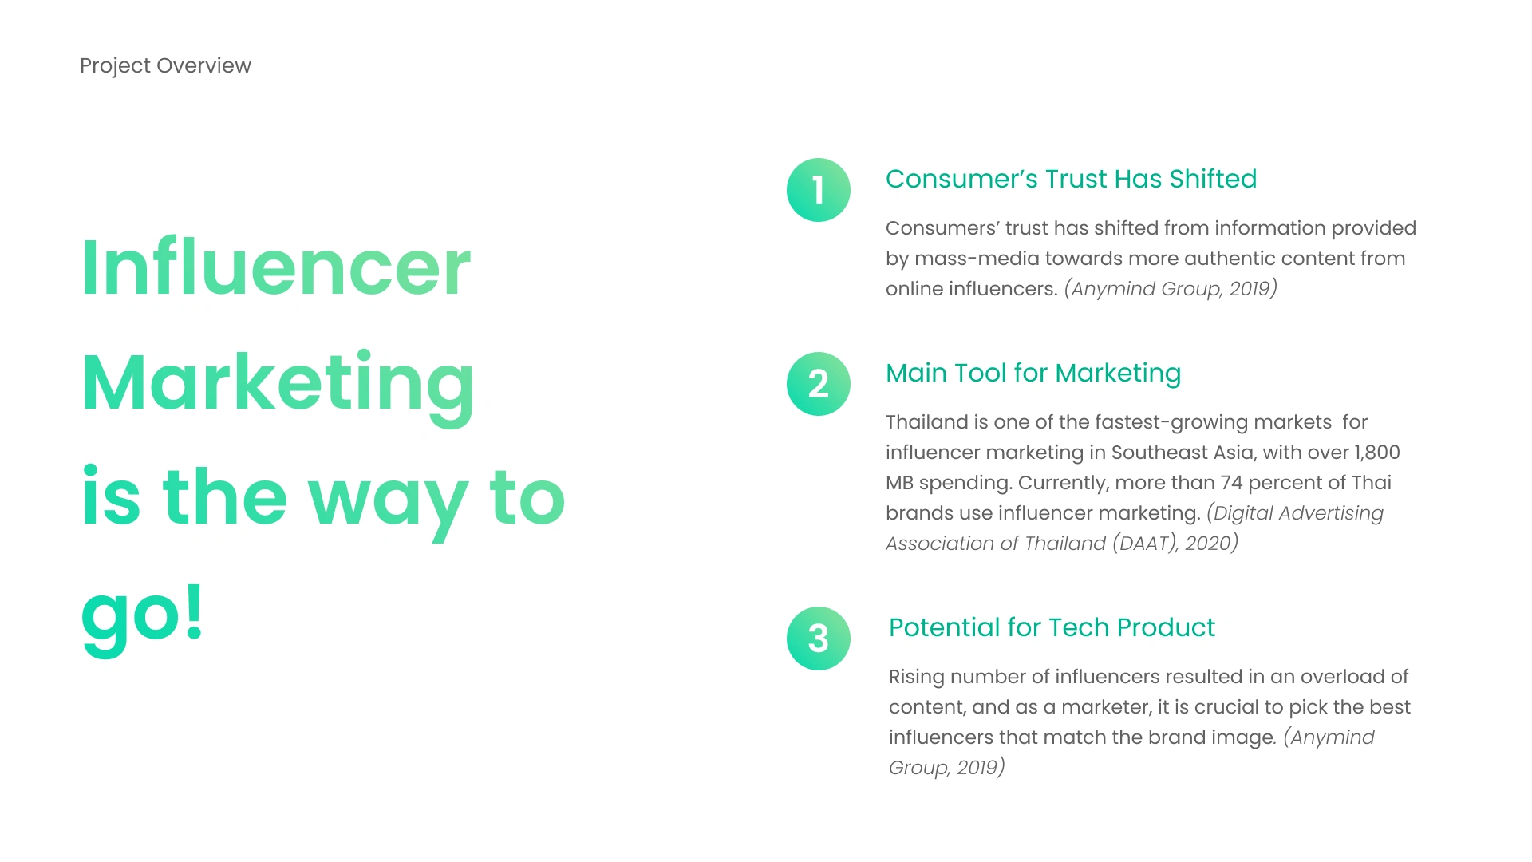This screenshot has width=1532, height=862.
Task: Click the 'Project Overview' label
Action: pos(165,65)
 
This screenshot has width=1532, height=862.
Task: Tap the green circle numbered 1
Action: pos(819,190)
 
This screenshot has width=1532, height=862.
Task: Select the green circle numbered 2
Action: pos(819,384)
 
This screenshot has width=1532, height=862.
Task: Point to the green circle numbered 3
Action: pos(819,639)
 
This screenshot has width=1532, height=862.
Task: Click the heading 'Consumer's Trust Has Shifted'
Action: pos(1071,179)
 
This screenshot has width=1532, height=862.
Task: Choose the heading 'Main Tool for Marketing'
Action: pos(1033,374)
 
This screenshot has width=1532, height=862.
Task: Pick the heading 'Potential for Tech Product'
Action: pos(1052,627)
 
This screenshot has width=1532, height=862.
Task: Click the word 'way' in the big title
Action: pos(388,503)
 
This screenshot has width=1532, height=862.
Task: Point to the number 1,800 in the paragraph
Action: pos(1377,453)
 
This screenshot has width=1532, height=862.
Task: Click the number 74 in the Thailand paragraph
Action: pos(1232,483)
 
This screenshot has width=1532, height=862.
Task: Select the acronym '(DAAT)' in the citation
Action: pos(1145,544)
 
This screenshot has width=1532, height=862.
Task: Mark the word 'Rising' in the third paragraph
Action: pos(917,678)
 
